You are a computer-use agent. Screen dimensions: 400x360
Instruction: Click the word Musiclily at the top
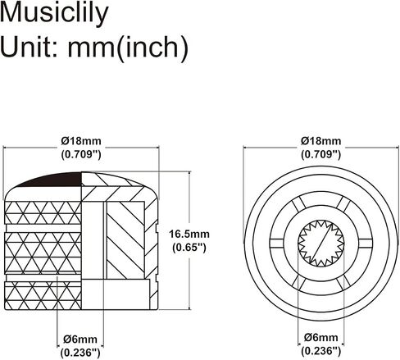54,13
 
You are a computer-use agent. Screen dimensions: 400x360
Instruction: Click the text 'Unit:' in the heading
29,47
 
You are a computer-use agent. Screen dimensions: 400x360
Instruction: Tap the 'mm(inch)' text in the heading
128,48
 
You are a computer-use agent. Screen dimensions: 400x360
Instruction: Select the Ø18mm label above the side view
81,141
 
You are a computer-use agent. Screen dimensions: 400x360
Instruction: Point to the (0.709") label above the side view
81,154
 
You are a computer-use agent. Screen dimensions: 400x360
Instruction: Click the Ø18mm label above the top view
321,141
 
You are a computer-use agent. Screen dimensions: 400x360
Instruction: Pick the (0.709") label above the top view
321,154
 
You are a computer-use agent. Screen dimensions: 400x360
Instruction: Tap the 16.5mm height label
189,235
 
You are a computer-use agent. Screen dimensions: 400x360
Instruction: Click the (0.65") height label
189,248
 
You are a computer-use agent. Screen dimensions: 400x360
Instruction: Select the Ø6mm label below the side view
80,339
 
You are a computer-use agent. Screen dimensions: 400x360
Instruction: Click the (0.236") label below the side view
80,353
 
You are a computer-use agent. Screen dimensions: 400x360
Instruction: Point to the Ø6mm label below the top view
321,337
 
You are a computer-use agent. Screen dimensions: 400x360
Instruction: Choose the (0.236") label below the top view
321,350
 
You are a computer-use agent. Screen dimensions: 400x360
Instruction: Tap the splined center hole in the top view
321,244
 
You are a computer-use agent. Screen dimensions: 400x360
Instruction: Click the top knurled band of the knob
43,213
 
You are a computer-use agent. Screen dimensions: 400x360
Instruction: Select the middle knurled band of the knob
43,253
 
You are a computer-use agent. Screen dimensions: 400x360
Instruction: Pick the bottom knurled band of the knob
43,296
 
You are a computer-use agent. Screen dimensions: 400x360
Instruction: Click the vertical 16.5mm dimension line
189,240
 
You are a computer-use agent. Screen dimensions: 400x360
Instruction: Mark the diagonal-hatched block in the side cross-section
125,240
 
